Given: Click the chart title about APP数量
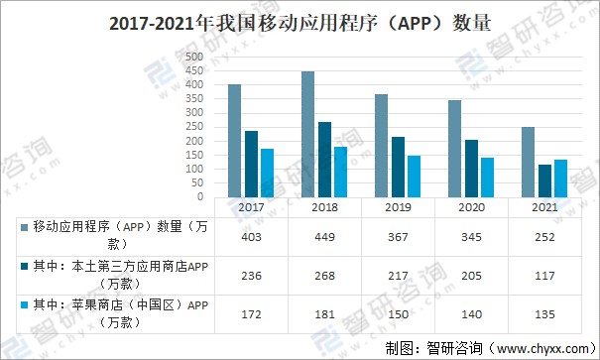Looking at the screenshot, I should [299, 23].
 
